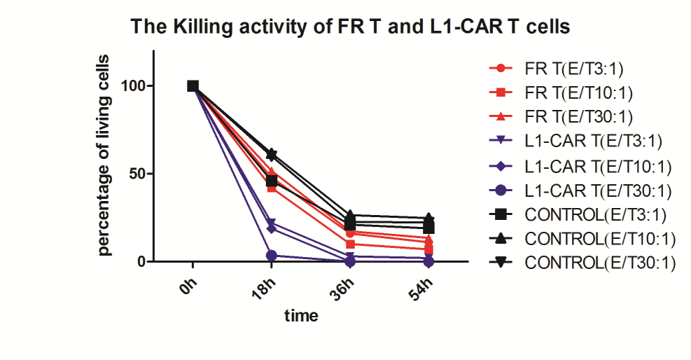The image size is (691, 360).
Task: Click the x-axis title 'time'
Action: pos(301,316)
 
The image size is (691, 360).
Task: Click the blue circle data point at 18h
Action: pos(272,256)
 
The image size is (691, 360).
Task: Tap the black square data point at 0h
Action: pos(193,86)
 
